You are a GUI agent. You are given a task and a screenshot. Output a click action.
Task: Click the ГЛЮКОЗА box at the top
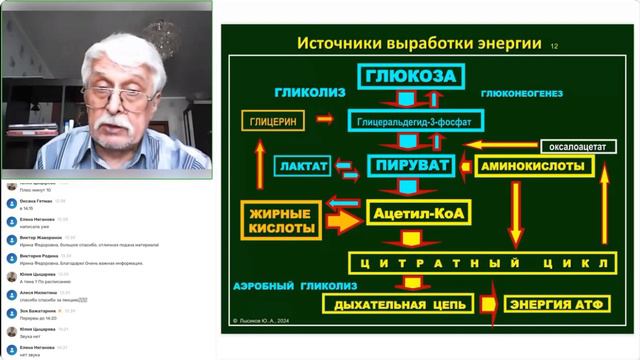pyautogui.click(x=410, y=77)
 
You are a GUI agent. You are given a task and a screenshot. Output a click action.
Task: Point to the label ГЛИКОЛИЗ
pyautogui.click(x=310, y=93)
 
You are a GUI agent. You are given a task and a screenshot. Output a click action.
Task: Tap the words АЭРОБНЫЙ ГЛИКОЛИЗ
pyautogui.click(x=283, y=284)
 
